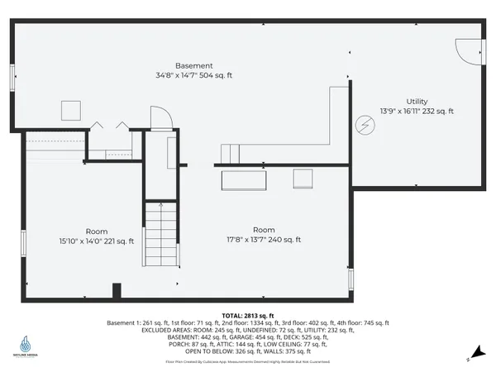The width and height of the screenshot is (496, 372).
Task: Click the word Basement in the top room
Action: point(194,65)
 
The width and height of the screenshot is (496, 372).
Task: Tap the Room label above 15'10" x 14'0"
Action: point(96,231)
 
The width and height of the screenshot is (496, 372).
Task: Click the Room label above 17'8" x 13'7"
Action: point(264,229)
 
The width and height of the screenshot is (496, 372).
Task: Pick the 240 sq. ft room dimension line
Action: point(264,240)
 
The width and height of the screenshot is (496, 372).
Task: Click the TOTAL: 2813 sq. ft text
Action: point(247,316)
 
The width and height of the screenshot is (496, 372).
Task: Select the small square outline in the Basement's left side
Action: point(69,111)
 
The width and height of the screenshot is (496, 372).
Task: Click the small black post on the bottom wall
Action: point(117,291)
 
